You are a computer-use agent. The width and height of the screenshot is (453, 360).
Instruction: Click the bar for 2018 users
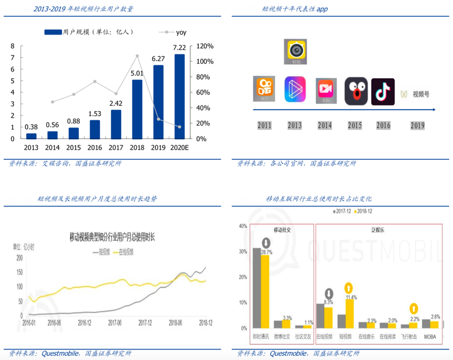click(137, 108)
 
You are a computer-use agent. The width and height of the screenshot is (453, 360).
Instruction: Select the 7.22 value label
click(179, 48)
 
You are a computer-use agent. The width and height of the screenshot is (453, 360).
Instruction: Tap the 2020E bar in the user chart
click(179, 96)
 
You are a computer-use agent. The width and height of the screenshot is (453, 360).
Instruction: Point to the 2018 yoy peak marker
click(137, 56)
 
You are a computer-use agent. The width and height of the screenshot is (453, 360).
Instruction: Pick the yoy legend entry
click(166, 32)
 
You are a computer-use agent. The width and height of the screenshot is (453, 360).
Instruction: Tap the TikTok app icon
click(383, 91)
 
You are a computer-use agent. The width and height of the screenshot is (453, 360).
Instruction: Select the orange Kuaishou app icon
click(265, 89)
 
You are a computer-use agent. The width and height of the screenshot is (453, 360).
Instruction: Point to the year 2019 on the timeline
click(417, 126)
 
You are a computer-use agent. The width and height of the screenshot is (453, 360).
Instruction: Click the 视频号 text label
click(420, 95)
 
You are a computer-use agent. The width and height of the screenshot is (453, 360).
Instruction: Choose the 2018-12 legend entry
click(364, 211)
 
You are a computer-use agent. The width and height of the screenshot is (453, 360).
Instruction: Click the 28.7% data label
click(266, 252)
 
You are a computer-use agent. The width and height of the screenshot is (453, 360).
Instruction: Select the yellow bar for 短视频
click(349, 313)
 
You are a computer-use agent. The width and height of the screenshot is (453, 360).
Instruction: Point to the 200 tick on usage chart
click(19, 258)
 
